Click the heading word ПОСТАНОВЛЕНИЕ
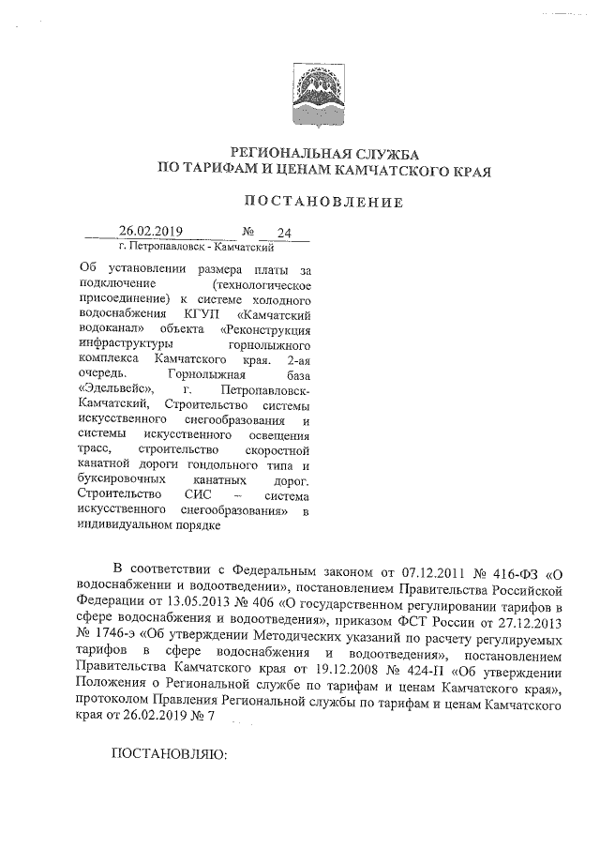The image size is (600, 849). click(323, 202)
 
